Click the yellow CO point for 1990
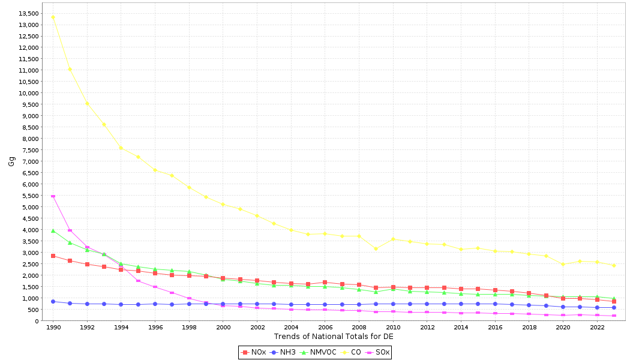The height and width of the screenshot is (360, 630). click(53, 17)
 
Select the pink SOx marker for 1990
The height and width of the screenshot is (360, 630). click(53, 196)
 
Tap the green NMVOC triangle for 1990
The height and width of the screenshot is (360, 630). click(53, 230)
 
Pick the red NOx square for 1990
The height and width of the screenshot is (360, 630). click(53, 256)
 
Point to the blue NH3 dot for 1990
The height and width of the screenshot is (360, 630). click(53, 301)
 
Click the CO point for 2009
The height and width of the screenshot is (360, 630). click(376, 248)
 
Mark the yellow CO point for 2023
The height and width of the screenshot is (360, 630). click(614, 265)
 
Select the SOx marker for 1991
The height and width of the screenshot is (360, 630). click(70, 230)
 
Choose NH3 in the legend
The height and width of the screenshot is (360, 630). click(283, 352)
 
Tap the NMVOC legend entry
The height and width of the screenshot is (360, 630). click(318, 352)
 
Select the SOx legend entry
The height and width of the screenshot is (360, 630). click(379, 352)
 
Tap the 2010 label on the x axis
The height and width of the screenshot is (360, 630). click(393, 328)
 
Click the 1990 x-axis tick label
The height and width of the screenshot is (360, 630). click(53, 328)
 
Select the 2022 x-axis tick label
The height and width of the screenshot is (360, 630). click(597, 328)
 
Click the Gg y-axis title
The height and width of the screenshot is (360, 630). click(11, 161)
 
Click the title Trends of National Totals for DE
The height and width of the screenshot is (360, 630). click(334, 337)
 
